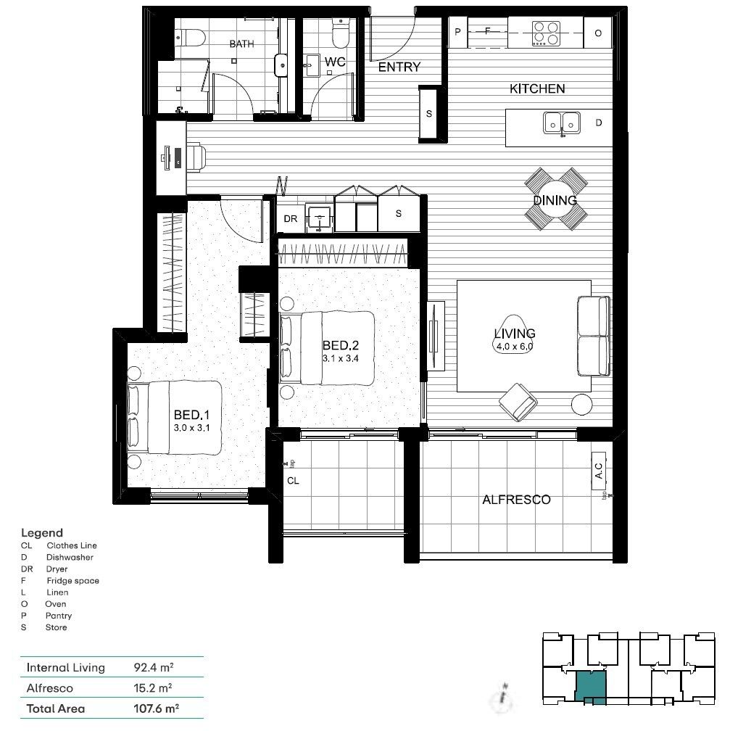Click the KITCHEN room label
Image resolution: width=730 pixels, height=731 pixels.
coord(536,88)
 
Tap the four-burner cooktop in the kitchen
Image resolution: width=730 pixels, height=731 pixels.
coord(547,33)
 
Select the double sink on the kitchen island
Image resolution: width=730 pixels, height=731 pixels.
coord(562,123)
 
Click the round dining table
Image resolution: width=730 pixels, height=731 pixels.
coord(555,199)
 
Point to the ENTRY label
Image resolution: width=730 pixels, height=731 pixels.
coord(399,67)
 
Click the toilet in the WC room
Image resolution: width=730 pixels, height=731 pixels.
coord(339,33)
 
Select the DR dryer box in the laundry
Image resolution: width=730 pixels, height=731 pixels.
coord(291,218)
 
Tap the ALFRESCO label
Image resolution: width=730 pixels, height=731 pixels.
coord(516,500)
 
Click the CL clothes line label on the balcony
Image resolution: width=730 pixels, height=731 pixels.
coord(293,480)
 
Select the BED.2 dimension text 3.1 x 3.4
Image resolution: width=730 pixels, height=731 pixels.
coord(340,358)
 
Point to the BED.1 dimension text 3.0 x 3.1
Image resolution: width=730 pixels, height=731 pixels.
coord(191,429)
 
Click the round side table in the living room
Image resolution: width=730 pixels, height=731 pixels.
coord(582,404)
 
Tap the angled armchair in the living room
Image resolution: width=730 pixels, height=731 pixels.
coord(518,401)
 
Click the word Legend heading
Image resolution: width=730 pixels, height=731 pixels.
coord(42,533)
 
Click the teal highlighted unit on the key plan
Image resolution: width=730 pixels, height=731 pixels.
coord(590,686)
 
